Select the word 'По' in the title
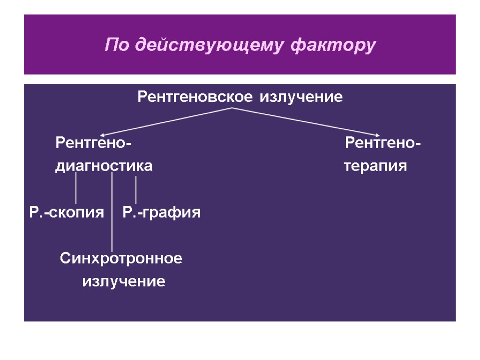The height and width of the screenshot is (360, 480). (x=116, y=45)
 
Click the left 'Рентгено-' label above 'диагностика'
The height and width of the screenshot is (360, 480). (x=93, y=142)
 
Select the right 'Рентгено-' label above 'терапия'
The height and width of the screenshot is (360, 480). (x=382, y=142)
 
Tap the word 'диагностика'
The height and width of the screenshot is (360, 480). (x=104, y=166)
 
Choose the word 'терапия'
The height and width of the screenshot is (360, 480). (x=375, y=166)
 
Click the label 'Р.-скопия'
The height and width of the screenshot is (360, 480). (x=66, y=213)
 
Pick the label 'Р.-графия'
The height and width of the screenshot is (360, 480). (x=162, y=213)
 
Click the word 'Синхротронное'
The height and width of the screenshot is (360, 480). (x=121, y=258)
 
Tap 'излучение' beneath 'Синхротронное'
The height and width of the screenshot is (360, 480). (x=124, y=282)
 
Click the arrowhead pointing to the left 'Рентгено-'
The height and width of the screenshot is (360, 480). (x=102, y=136)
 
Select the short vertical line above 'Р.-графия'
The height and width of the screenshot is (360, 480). (x=135, y=189)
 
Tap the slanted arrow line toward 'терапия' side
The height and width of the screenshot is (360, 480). (x=305, y=122)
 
